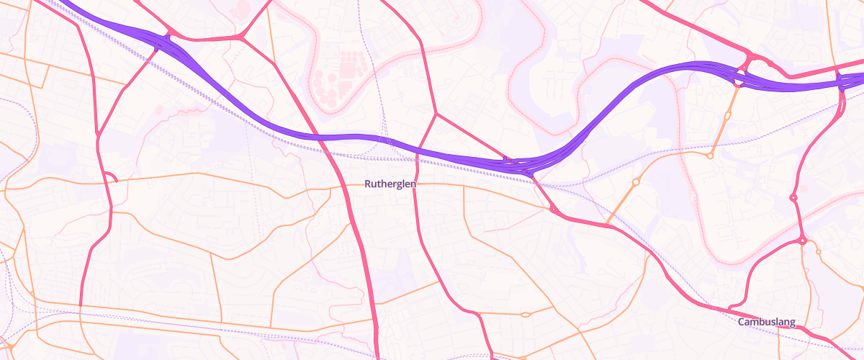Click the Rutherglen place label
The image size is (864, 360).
(x=390, y=184)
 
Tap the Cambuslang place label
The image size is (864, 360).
(x=767, y=323)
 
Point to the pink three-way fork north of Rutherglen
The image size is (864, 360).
(x=436, y=114)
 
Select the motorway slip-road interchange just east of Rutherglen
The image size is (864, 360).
(x=520, y=166)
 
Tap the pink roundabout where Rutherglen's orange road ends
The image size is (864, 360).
(x=553, y=210)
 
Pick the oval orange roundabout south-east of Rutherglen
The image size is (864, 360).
(x=525, y=314)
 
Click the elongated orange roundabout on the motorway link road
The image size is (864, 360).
(x=636, y=183)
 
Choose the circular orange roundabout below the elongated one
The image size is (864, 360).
(x=711, y=155)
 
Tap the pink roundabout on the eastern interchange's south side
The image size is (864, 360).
(x=738, y=83)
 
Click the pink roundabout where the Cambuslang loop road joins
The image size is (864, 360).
(x=802, y=240)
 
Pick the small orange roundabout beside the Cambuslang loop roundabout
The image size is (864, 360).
(x=818, y=251)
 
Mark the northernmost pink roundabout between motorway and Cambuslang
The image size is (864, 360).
(x=793, y=197)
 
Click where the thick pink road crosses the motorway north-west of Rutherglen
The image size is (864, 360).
(x=317, y=135)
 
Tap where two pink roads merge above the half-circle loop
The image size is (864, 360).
(x=98, y=134)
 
